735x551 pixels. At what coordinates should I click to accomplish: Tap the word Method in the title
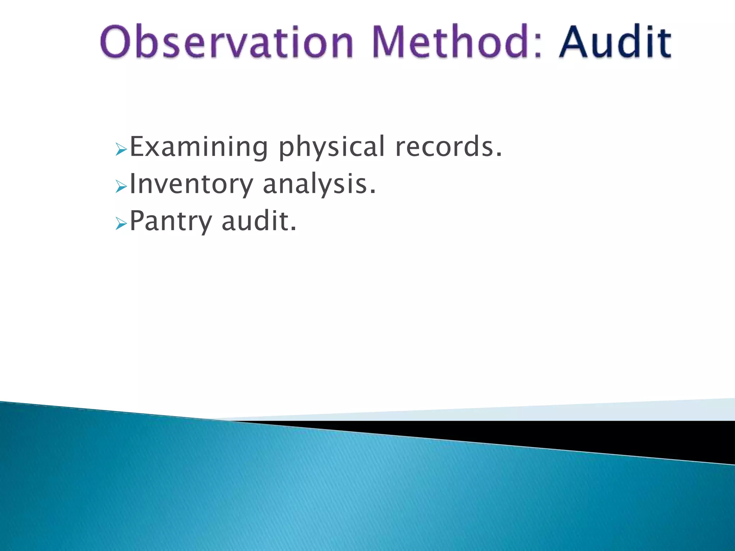point(450,42)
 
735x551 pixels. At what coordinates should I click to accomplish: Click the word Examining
point(198,147)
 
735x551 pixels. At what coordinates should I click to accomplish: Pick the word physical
point(332,147)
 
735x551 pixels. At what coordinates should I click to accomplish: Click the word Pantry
point(171,222)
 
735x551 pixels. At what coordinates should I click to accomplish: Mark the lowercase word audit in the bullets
point(255,221)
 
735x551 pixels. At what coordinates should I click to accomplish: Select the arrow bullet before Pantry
point(121,224)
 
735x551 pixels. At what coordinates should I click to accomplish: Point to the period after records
point(498,155)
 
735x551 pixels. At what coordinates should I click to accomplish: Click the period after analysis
point(373,193)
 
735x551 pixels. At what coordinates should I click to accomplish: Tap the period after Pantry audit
point(294,230)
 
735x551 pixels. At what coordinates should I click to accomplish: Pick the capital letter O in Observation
point(116,42)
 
